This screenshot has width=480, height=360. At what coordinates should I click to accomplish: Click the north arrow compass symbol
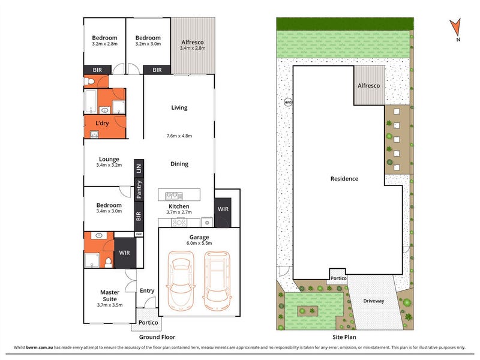pyautogui.click(x=455, y=27)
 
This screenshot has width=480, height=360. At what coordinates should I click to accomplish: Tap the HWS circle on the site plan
pyautogui.click(x=288, y=102)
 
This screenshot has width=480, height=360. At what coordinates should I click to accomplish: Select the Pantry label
pyautogui.click(x=139, y=189)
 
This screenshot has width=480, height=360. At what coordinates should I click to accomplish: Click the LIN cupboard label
pyautogui.click(x=139, y=169)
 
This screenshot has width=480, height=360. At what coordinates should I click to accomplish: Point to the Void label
pyautogui.click(x=139, y=234)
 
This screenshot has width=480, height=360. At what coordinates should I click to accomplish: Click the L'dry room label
pyautogui.click(x=102, y=124)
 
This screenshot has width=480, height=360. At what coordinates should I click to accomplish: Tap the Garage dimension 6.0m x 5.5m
pyautogui.click(x=199, y=244)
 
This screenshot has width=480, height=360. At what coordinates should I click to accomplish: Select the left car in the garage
pyautogui.click(x=181, y=280)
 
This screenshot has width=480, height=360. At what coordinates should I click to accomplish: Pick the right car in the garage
pyautogui.click(x=217, y=280)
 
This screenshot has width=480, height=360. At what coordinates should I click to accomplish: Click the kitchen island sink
pyautogui.click(x=174, y=196)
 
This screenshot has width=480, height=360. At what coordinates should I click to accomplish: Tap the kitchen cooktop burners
pyautogui.click(x=179, y=223)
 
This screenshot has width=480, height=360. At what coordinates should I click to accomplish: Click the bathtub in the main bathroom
pyautogui.click(x=91, y=101)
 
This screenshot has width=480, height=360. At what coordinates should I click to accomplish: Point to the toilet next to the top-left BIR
pyautogui.click(x=89, y=82)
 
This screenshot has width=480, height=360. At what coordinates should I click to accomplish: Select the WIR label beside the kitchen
pyautogui.click(x=223, y=209)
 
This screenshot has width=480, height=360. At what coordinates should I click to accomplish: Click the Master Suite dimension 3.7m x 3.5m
pyautogui.click(x=110, y=305)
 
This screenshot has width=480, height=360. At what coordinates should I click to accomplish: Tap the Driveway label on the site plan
pyautogui.click(x=373, y=301)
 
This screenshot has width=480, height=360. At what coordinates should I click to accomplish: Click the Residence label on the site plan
pyautogui.click(x=344, y=179)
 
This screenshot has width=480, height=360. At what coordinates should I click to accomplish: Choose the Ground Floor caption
pyautogui.click(x=157, y=337)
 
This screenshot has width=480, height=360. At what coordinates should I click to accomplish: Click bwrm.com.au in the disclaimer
pyautogui.click(x=40, y=347)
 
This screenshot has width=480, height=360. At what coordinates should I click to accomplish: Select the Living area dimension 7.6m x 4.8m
pyautogui.click(x=179, y=136)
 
